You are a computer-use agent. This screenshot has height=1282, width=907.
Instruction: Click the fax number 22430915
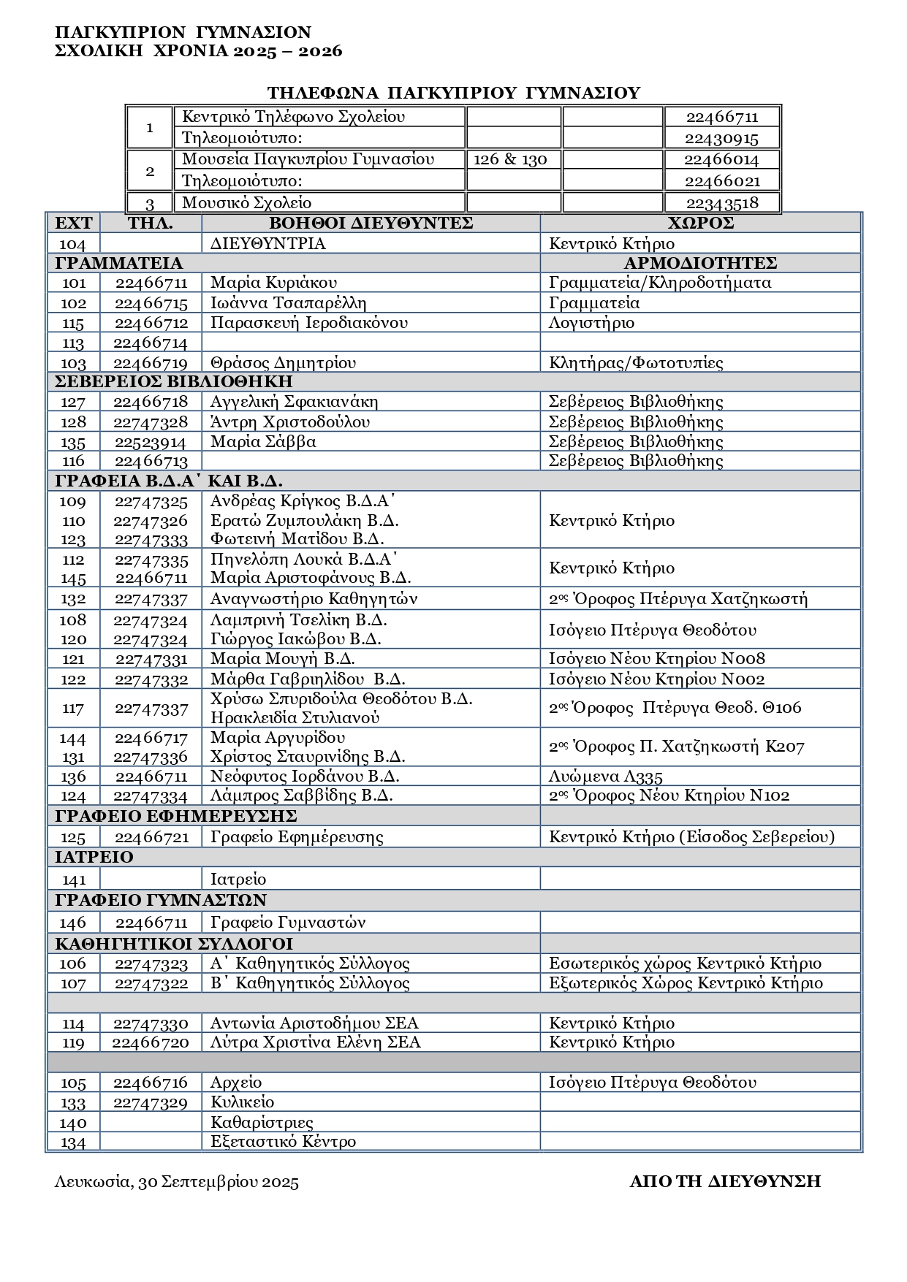(x=721, y=138)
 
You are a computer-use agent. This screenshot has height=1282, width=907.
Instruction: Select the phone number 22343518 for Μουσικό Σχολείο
(x=721, y=203)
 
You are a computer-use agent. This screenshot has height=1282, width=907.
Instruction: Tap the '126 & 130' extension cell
(x=510, y=160)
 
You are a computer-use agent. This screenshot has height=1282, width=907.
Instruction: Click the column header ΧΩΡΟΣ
(x=700, y=224)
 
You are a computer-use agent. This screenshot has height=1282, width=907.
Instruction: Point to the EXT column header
(x=74, y=224)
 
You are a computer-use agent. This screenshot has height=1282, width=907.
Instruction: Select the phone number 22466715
(x=151, y=303)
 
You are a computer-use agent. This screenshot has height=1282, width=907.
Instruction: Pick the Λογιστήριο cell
(x=591, y=323)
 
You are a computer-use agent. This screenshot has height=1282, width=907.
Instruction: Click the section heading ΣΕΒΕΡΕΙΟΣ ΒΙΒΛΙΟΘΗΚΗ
(x=174, y=381)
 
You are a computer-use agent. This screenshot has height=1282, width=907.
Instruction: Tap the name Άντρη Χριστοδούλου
(x=289, y=422)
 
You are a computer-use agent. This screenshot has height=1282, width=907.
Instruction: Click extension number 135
(x=74, y=442)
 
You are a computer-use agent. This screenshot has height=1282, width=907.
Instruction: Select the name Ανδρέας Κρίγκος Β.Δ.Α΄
(x=303, y=501)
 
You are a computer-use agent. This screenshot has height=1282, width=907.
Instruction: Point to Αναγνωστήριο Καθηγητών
(x=314, y=599)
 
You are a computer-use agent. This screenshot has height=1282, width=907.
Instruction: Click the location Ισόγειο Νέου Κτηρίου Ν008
(x=656, y=659)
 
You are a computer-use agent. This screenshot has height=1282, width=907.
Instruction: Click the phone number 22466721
(x=151, y=837)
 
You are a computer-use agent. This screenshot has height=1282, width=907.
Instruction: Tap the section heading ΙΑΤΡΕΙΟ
(x=94, y=857)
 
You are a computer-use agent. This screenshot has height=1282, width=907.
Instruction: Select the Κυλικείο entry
(x=242, y=1102)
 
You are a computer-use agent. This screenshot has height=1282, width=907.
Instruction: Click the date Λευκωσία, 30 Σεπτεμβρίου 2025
(x=176, y=1182)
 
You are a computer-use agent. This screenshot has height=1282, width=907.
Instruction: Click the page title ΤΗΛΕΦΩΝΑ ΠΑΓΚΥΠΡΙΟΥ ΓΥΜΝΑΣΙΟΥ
(x=453, y=93)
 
